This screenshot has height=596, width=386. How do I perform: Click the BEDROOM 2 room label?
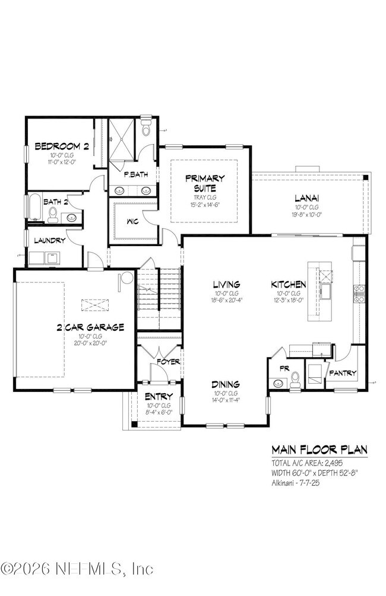tap(62, 146)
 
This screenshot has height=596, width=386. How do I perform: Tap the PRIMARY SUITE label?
tap(205, 183)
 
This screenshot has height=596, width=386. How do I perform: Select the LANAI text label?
tap(307, 198)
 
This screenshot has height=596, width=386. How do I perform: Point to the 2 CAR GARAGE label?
tap(90, 327)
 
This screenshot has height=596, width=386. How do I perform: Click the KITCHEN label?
tap(289, 284)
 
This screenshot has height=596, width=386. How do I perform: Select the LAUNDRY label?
tap(49, 241)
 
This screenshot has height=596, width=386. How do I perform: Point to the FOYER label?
tap(167, 361)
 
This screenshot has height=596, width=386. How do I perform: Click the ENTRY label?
tap(158, 396)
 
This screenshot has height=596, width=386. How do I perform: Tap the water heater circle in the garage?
tap(126, 279)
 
